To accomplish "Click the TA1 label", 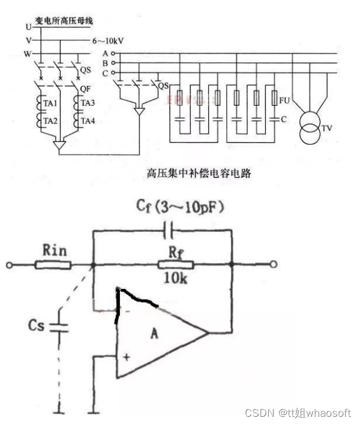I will click(50, 103).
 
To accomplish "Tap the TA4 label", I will click(88, 121).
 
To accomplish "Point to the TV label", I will click(327, 129).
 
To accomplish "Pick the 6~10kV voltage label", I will click(109, 40).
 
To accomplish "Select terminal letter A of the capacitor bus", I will click(105, 53).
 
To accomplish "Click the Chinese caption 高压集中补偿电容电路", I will click(199, 174).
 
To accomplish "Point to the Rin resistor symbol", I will click(54, 264).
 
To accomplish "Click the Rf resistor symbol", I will click(176, 264).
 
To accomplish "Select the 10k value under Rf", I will click(176, 280).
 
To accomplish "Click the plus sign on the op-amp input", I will click(127, 357).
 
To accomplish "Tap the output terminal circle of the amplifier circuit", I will click(273, 264).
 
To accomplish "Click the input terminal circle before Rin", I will click(9, 264).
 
